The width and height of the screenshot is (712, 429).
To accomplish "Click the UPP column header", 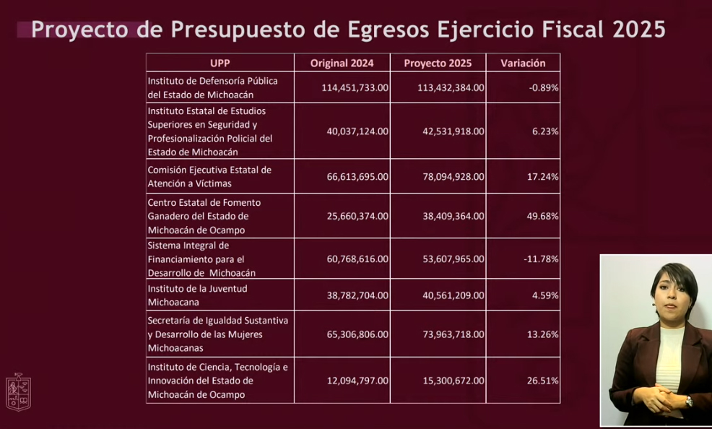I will coord(220,63).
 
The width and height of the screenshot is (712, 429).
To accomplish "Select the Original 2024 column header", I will coord(342,63).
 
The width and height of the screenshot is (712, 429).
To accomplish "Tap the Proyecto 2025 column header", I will coord(438,63).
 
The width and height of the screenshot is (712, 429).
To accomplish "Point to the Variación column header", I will coord(523,63).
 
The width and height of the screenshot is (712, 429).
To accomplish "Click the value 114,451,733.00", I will coord(354,87).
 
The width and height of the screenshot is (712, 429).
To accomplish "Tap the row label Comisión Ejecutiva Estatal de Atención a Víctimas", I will coord(209,176).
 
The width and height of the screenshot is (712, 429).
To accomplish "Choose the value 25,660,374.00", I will coord(357,216).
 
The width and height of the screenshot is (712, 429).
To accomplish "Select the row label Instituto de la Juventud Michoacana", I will coord(197,295).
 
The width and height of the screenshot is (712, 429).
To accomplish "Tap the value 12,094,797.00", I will coord(357,380).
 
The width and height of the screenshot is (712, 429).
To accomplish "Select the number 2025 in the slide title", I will coord(638,30).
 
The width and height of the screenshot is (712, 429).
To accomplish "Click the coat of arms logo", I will coord(19,391).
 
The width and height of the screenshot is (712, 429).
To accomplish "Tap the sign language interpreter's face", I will coord(672,293).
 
